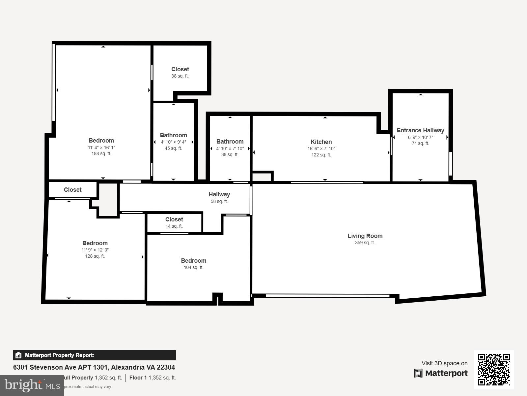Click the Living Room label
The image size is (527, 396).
[365, 236]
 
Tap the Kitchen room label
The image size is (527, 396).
[321, 142]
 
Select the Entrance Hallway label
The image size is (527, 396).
[420, 130]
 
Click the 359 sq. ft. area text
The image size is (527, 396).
[365, 243]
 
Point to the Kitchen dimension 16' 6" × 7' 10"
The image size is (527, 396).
[321, 148]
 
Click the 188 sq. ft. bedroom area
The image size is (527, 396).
[101, 153]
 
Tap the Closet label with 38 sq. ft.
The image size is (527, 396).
[180, 69]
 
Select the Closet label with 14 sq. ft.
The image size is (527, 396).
[174, 219]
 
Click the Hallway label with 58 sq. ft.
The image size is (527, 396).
[219, 194]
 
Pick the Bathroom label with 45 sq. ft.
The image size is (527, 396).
[173, 135]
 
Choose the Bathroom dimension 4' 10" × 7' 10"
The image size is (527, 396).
[230, 148]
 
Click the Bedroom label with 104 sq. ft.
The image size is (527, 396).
[194, 260]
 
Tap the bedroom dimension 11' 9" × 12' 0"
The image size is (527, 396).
[95, 250]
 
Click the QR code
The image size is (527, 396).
[494, 369]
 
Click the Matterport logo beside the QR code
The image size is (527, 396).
[441, 373]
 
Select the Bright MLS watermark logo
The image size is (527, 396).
[32, 385]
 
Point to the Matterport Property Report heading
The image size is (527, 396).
[60, 355]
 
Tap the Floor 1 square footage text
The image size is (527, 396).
[153, 378]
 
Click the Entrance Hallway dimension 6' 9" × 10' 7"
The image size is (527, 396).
[420, 137]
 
